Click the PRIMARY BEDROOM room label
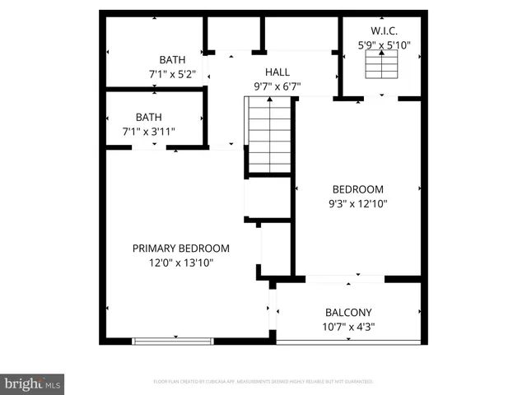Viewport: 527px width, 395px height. pos(181,248)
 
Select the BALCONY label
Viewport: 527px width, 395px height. pos(348,312)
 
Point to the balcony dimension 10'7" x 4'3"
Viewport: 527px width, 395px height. pos(348,327)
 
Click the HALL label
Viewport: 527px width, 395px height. pos(277,72)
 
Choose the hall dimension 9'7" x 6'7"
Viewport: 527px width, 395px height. pos(277,86)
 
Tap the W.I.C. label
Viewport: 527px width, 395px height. pos(384,31)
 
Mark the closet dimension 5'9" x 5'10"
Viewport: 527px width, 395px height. pos(384,46)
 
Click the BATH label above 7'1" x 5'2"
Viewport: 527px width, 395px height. pos(172,60)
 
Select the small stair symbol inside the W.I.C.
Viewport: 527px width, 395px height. pos(380,64)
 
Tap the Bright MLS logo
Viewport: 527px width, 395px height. pos(32,383)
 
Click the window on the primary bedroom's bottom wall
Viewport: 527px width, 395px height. pos(173,340)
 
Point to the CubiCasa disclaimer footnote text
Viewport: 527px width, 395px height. pos(263,382)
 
